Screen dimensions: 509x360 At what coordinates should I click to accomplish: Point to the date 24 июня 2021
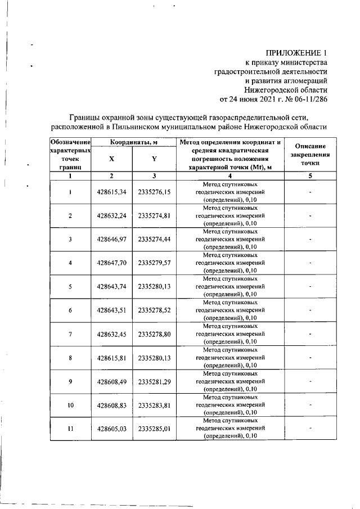pyautogui.click(x=255, y=100)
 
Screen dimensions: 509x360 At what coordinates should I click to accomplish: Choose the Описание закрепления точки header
pyautogui.click(x=310, y=154)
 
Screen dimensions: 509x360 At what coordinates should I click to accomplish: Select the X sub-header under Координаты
pyautogui.click(x=111, y=159)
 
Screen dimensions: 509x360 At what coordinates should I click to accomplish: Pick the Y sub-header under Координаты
pyautogui.click(x=154, y=159)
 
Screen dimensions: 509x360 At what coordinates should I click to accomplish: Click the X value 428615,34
pyautogui.click(x=111, y=192)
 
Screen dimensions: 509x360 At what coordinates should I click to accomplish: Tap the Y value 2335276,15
pyautogui.click(x=154, y=192)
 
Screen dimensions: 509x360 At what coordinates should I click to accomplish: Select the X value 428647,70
pyautogui.click(x=111, y=263)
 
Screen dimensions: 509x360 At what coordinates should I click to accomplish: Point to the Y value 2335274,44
pyautogui.click(x=154, y=239)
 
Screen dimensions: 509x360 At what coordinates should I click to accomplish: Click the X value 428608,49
pyautogui.click(x=111, y=381)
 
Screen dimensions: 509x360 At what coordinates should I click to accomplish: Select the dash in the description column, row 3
pyautogui.click(x=310, y=239)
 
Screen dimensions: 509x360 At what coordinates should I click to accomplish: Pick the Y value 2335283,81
pyautogui.click(x=154, y=404)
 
